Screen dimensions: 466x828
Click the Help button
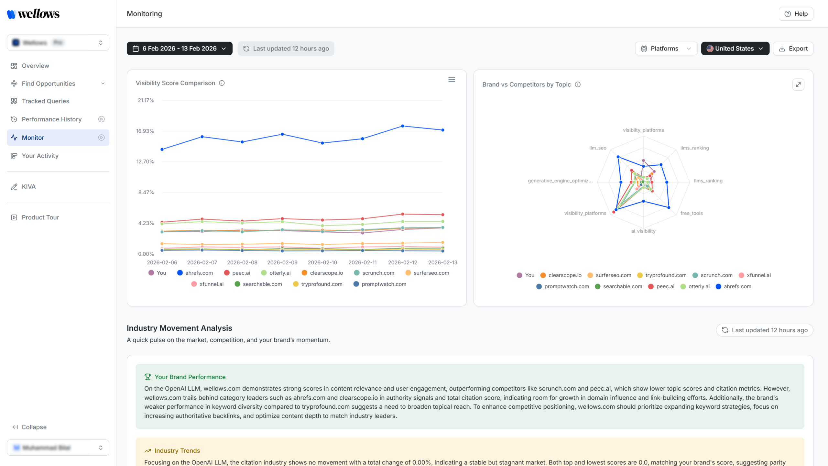click(796, 14)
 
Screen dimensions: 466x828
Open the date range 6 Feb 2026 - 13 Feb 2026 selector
click(180, 49)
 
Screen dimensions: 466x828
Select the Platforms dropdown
click(666, 49)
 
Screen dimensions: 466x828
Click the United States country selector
click(735, 49)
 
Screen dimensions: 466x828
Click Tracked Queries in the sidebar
click(45, 101)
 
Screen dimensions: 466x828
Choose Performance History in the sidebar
click(51, 119)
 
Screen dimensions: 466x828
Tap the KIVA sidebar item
click(28, 186)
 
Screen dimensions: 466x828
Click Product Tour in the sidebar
click(40, 217)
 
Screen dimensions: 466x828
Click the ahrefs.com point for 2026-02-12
click(402, 126)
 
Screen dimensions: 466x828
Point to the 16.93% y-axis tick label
click(145, 131)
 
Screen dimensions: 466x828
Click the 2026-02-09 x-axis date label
click(282, 262)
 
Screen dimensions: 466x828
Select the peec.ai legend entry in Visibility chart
click(241, 273)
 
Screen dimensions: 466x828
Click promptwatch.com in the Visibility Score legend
click(384, 284)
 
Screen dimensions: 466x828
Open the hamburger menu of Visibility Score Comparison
click(452, 80)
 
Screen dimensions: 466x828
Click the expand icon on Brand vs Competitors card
click(798, 84)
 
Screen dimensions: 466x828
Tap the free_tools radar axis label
click(691, 213)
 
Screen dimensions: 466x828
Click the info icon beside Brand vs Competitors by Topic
click(578, 84)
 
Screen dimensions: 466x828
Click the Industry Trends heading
click(177, 450)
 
